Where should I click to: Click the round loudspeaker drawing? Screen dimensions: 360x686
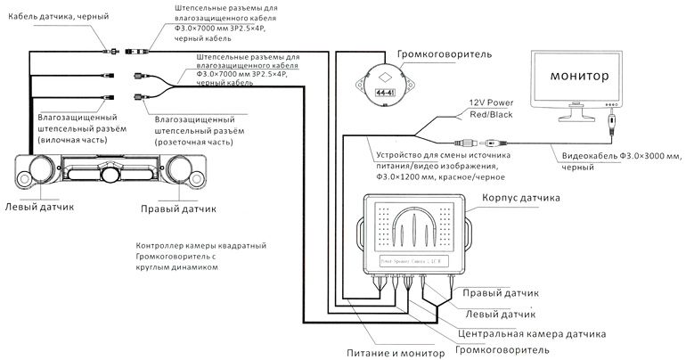pos(384,87)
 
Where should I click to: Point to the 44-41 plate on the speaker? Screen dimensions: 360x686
pos(384,93)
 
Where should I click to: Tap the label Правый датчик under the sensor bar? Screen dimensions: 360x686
pos(179,209)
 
